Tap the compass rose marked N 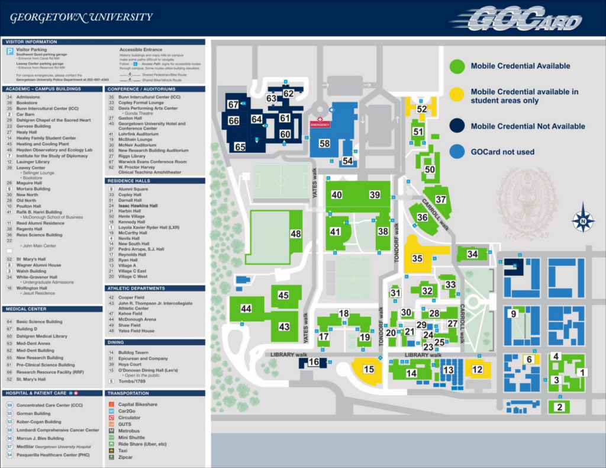[583, 221]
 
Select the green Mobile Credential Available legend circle [457, 66]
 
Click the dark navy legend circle [457, 126]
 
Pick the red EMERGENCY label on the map [320, 125]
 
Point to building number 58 [324, 143]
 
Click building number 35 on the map [417, 258]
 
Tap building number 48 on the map [296, 234]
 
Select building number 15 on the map [369, 370]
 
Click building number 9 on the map [514, 313]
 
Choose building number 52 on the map [421, 109]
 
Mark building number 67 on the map [233, 104]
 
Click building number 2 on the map [559, 407]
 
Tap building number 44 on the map [246, 309]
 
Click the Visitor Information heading [31, 42]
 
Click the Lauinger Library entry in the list [33, 161]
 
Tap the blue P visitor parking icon [10, 52]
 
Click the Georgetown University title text [81, 17]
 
